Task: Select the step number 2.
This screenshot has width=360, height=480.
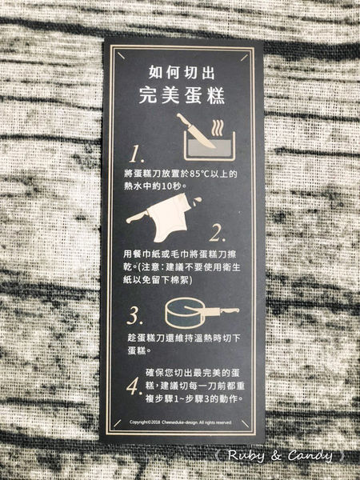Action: (x=218, y=234)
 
